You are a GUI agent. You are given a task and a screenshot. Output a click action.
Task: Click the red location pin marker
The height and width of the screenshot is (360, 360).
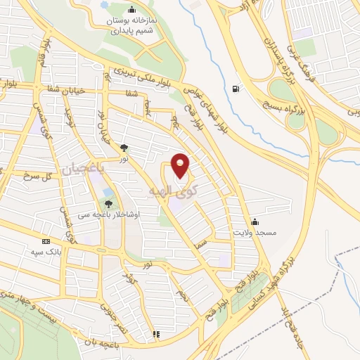coord(181,165)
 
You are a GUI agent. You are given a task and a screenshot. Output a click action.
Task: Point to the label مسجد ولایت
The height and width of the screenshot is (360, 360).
coord(255,231)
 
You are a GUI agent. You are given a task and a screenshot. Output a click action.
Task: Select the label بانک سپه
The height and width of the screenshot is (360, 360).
coord(46,250)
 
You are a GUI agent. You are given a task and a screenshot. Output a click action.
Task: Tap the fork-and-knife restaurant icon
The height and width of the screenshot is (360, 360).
coord(157,333)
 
